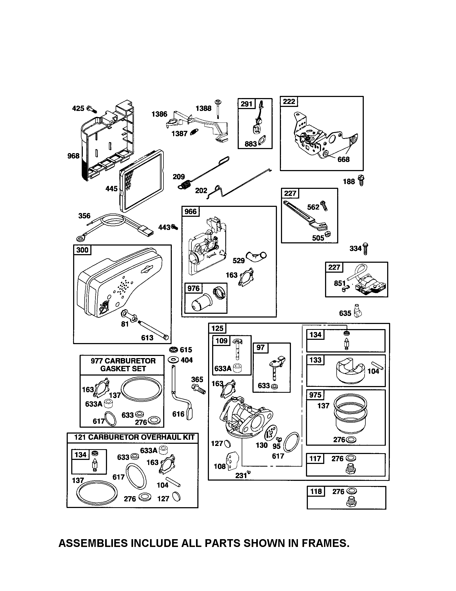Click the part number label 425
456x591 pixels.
pos(78,109)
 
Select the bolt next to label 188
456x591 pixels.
pos(361,180)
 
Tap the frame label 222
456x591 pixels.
pos(289,102)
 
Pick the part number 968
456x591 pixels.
pos(73,156)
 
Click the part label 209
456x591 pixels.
pos(179,177)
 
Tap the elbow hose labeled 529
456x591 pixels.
pos(256,255)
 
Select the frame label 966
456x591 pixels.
pos(191,211)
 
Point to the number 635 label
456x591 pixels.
pos(345,313)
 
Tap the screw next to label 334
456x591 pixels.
pos(366,248)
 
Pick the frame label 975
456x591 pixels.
pos(315,395)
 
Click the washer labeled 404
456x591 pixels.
pos(173,360)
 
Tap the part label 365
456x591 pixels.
pos(197,379)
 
